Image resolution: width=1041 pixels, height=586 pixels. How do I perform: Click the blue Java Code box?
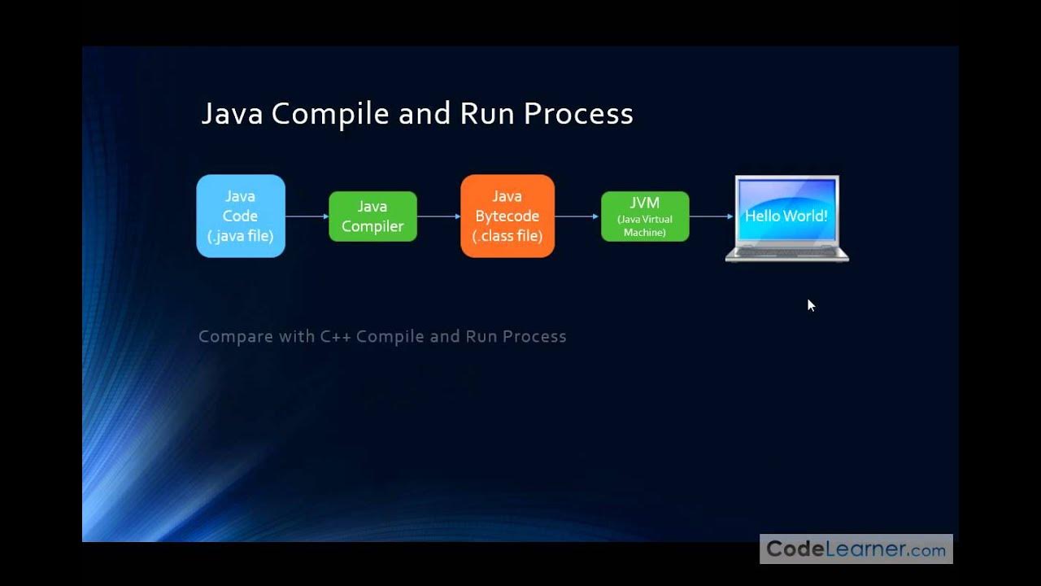click(241, 216)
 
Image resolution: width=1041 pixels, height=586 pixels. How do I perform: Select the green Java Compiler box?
click(372, 216)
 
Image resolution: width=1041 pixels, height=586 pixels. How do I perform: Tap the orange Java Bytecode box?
click(507, 216)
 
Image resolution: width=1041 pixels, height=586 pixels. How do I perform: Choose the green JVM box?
click(645, 216)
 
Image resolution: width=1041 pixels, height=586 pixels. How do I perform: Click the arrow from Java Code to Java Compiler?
click(307, 216)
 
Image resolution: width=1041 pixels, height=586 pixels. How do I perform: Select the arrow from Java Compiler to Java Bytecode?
click(438, 216)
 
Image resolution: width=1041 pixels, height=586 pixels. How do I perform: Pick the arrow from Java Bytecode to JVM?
click(577, 216)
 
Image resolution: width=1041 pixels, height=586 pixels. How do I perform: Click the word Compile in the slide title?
click(331, 114)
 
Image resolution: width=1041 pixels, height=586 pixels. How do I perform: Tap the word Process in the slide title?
click(578, 114)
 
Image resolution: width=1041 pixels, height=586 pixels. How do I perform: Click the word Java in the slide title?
click(232, 114)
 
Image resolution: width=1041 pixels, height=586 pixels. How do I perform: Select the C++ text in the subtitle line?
click(334, 336)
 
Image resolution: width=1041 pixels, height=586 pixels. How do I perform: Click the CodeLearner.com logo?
click(856, 549)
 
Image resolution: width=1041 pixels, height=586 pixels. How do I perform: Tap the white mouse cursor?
click(811, 305)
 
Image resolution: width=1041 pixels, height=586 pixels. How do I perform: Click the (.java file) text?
click(241, 237)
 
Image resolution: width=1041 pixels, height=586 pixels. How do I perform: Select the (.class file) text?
click(507, 237)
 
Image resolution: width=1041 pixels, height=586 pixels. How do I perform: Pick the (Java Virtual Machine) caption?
click(645, 226)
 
